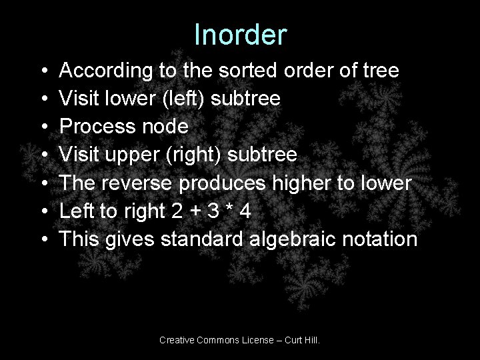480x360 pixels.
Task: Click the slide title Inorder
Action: click(240, 35)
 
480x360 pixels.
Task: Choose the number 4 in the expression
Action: click(246, 211)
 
